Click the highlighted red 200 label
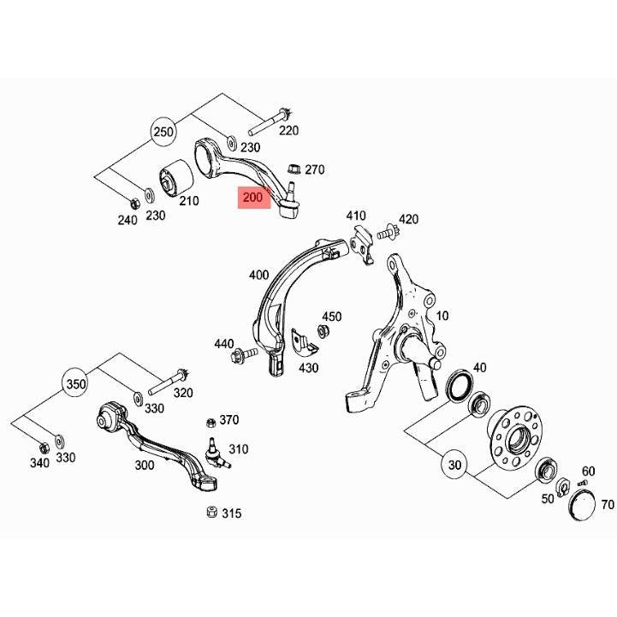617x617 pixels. (x=254, y=198)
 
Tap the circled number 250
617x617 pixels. (x=163, y=132)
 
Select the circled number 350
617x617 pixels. (x=75, y=383)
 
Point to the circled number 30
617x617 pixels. (x=454, y=466)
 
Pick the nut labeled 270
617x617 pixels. (x=294, y=170)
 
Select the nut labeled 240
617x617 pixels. (x=134, y=204)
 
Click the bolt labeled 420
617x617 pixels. (x=389, y=233)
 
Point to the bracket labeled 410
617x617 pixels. (x=362, y=244)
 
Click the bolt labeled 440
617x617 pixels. (x=244, y=354)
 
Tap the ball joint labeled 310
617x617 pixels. (x=216, y=454)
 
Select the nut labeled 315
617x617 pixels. (x=211, y=512)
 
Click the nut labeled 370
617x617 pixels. (x=211, y=423)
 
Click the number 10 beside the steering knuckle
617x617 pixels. (x=442, y=316)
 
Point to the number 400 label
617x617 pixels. (x=259, y=275)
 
